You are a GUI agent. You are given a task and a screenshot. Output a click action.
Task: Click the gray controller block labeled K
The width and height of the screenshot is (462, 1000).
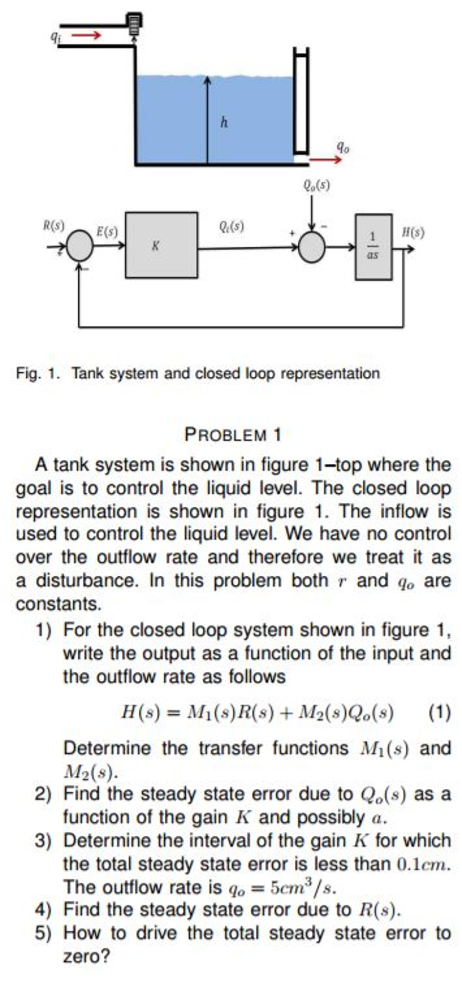click(x=161, y=245)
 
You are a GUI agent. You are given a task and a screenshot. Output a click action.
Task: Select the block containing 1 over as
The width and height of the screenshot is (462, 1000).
click(x=373, y=246)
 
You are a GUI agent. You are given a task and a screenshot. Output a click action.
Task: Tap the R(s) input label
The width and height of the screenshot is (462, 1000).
click(x=54, y=226)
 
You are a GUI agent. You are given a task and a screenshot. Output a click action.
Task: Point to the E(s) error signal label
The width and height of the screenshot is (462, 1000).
click(x=107, y=231)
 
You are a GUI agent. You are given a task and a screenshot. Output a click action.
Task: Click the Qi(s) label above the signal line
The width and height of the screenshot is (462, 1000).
click(x=231, y=226)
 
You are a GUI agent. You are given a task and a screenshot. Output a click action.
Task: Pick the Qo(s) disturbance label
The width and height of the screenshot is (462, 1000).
click(x=316, y=185)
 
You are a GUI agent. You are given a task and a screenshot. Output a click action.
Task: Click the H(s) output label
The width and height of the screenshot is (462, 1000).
click(x=413, y=232)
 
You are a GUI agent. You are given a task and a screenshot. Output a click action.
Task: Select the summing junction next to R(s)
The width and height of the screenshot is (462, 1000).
click(x=80, y=246)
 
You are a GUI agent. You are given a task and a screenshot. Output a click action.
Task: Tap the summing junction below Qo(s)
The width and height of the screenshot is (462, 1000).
click(x=312, y=247)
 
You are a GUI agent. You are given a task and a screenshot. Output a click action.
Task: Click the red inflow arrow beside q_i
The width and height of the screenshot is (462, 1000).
click(x=87, y=35)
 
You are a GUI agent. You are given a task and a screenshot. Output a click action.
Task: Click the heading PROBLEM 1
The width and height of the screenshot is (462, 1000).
click(x=233, y=435)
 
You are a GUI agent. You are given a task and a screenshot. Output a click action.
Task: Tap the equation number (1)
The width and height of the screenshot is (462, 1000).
click(x=440, y=713)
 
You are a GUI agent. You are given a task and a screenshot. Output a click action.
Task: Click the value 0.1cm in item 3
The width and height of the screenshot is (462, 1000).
click(x=423, y=864)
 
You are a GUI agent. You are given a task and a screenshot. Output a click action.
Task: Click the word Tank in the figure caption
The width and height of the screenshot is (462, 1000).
click(x=88, y=373)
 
